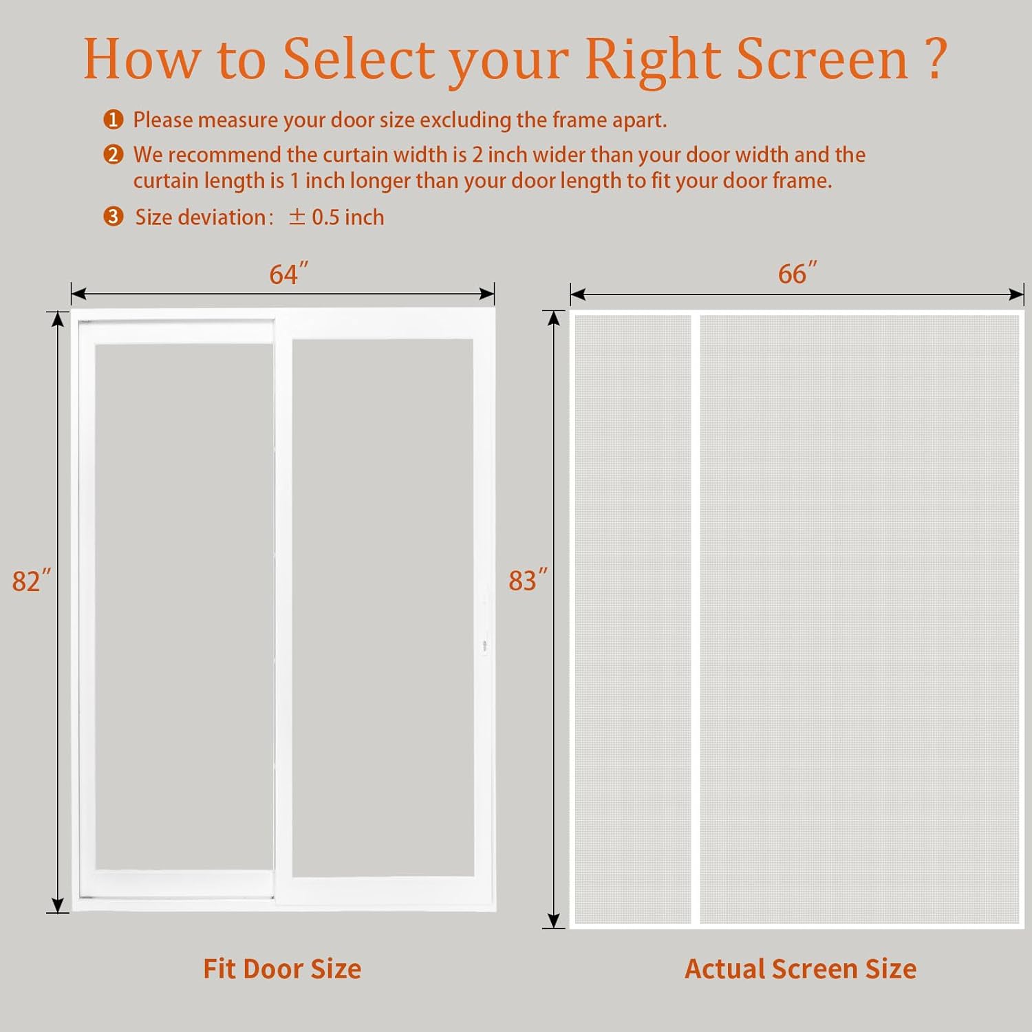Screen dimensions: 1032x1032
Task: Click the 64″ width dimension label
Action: (288, 274)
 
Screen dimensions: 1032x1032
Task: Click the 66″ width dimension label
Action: (797, 273)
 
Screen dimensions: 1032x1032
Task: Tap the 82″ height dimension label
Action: (31, 581)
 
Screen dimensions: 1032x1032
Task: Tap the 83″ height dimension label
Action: (528, 580)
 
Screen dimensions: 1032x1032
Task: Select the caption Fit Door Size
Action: (282, 969)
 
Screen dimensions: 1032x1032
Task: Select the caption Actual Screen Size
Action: (800, 969)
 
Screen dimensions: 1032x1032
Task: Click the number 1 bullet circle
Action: (114, 120)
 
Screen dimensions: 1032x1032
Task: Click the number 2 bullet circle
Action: (114, 155)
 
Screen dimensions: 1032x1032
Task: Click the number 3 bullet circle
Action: (114, 217)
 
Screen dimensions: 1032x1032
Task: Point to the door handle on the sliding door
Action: (484, 645)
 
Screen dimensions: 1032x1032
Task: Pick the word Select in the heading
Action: (358, 59)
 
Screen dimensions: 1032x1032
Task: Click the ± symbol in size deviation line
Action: (297, 217)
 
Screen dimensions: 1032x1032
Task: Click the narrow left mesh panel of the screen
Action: (632, 619)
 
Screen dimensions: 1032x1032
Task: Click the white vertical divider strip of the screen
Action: (696, 619)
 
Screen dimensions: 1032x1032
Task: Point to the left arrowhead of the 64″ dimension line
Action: (78, 294)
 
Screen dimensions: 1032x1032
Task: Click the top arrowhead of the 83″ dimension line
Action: (554, 318)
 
